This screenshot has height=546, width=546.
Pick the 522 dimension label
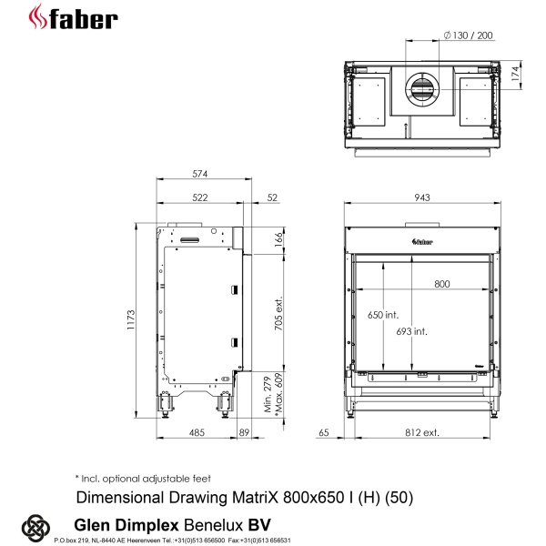coord(200,197)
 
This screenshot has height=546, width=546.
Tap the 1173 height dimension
coord(130,320)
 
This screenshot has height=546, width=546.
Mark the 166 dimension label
coord(279,238)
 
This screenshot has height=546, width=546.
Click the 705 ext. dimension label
coord(279,314)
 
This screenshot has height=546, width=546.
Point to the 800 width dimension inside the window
coord(441,284)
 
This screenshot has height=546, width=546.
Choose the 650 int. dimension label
coord(384,314)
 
